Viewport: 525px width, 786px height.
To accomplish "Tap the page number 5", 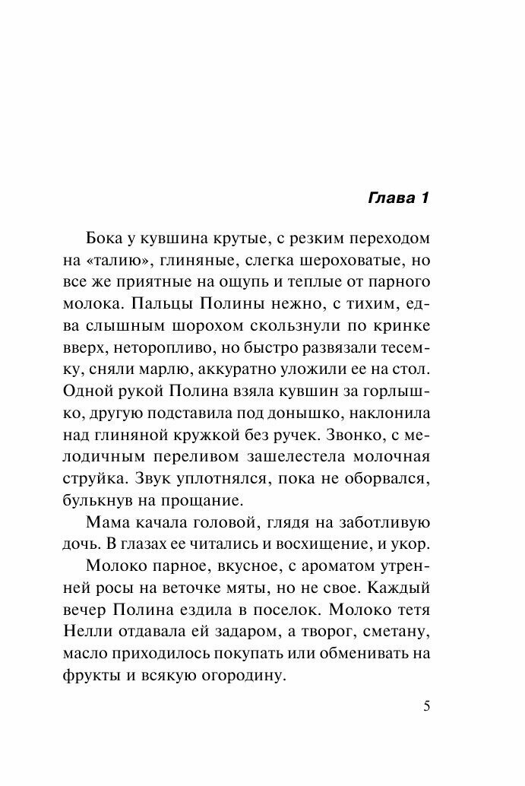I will tap(427, 705).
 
